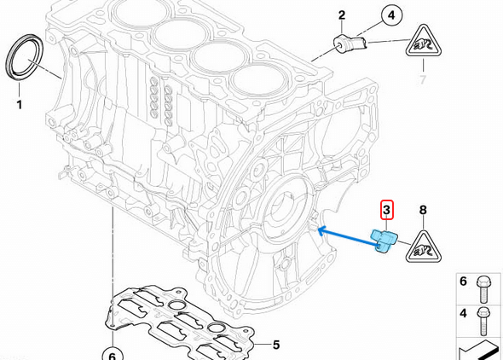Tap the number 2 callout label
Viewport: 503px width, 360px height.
click(x=342, y=15)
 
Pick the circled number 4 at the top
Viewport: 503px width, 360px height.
click(x=391, y=15)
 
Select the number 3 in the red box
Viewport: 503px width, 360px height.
click(x=386, y=209)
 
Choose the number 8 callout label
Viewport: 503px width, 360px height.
click(x=422, y=209)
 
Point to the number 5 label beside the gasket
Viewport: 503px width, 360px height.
click(x=275, y=345)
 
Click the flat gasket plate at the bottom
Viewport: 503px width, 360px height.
click(x=179, y=324)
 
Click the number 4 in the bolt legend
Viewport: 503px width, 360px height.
click(x=463, y=312)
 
